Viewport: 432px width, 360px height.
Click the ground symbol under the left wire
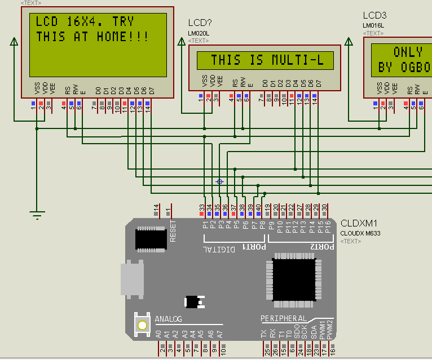(x=37, y=215)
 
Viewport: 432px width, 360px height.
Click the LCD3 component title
(x=374, y=15)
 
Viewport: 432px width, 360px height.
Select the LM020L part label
(x=199, y=34)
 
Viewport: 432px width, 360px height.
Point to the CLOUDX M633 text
(x=360, y=233)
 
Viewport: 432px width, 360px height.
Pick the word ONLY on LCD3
(x=408, y=52)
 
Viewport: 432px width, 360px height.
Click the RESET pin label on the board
(x=173, y=230)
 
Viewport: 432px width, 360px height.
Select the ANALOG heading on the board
(x=168, y=319)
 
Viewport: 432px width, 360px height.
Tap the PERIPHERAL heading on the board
(x=284, y=319)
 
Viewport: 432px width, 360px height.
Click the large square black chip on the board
(x=294, y=279)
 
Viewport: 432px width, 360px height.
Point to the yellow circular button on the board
(x=142, y=325)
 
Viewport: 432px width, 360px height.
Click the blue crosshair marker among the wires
(x=220, y=181)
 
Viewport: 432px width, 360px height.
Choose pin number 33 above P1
(x=202, y=208)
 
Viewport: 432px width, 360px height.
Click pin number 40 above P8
(x=258, y=208)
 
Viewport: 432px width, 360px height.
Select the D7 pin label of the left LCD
(x=151, y=90)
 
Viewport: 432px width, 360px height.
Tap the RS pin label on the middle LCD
(x=235, y=83)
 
